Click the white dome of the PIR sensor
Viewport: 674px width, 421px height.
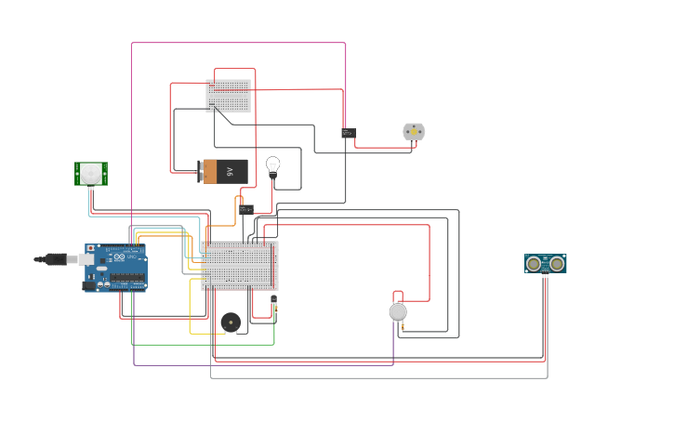pos(90,172)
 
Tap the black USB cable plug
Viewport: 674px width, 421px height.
pos(54,259)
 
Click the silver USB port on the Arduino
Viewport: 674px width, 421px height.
pos(86,259)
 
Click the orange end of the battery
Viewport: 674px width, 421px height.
pos(210,171)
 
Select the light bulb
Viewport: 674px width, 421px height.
pos(272,165)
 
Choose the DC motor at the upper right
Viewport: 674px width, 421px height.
pos(414,132)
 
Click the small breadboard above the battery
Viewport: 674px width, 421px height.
pos(228,96)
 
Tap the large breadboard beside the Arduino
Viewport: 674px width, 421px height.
pos(239,265)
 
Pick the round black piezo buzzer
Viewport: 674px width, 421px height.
pos(231,322)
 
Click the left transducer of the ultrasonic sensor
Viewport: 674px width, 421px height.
pos(534,264)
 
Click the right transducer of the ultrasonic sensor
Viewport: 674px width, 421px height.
pos(557,264)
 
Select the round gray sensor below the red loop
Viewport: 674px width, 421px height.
pos(398,312)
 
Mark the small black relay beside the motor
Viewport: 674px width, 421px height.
pos(348,133)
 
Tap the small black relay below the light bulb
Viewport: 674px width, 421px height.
pos(245,209)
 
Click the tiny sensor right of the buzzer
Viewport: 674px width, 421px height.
pos(273,301)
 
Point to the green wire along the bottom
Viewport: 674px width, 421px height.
pos(205,345)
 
